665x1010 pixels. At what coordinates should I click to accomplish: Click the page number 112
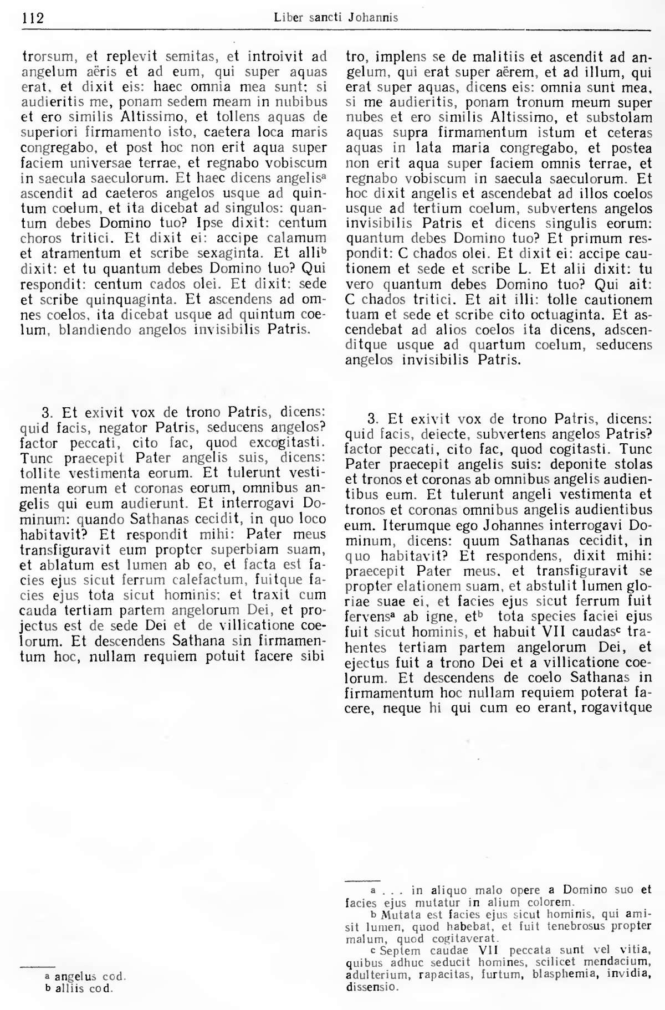click(x=33, y=18)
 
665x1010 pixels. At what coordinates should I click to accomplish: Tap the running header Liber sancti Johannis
click(x=336, y=18)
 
